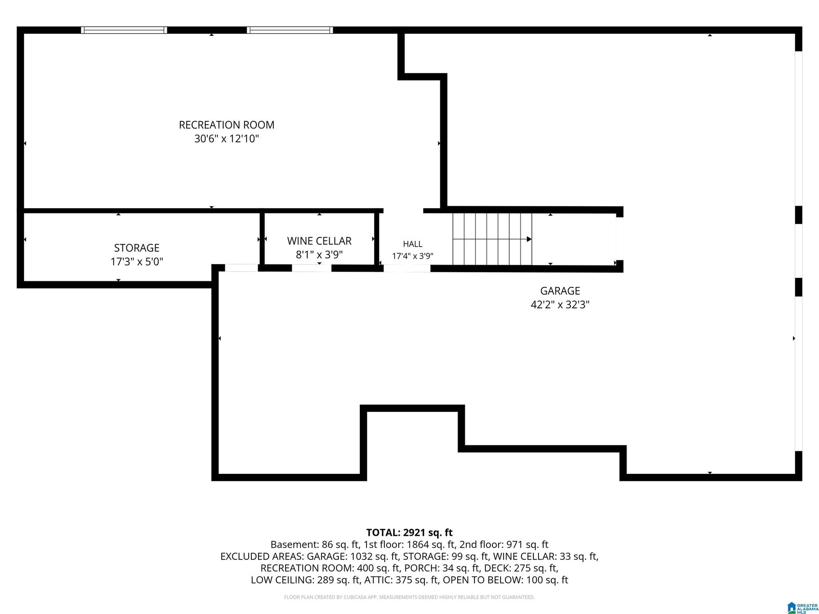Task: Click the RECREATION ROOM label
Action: (x=226, y=125)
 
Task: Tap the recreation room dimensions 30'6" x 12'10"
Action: (x=226, y=139)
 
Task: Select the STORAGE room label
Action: (x=137, y=248)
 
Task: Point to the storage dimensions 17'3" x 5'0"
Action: (x=137, y=261)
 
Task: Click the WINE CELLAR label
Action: (x=319, y=241)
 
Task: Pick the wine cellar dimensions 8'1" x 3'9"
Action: (x=319, y=255)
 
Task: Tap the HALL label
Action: (x=412, y=244)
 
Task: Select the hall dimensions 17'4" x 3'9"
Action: (x=412, y=256)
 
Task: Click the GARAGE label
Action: (x=559, y=291)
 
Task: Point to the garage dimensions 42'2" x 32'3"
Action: (x=559, y=304)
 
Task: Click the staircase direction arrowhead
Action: (x=529, y=239)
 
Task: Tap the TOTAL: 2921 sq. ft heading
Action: (x=409, y=532)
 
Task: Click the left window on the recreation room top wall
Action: (x=124, y=30)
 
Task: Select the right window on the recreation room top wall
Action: (x=290, y=30)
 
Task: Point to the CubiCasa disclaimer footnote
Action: (x=409, y=597)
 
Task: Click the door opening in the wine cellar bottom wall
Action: (x=312, y=268)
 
